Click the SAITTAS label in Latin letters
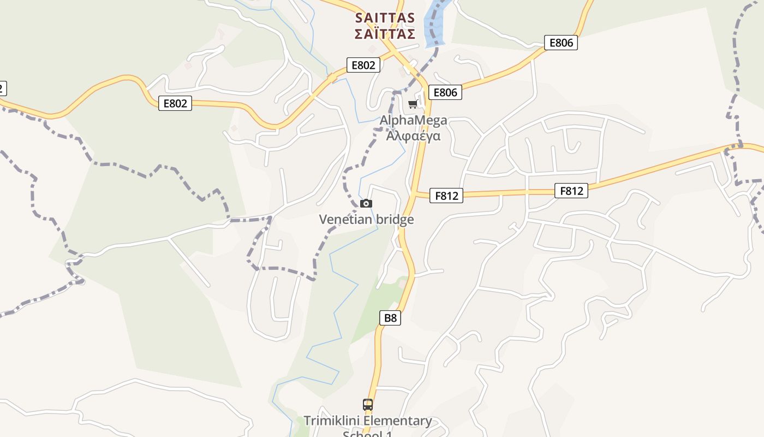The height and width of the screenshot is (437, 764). tap(385, 18)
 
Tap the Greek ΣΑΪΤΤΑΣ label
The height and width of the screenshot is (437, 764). tap(385, 34)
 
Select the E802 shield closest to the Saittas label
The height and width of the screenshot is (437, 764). tap(363, 65)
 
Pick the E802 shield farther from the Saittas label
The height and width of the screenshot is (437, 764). tap(175, 103)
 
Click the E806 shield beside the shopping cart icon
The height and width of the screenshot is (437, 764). tap(445, 92)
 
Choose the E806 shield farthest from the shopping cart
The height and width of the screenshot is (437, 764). tap(560, 43)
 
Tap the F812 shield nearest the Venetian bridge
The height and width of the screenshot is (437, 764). tap(446, 196)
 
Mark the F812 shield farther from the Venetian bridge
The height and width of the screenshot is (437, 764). tap(571, 191)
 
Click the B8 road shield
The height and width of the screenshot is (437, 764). tap(390, 318)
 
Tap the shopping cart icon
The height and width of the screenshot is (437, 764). tap(413, 104)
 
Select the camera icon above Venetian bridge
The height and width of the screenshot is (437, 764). tap(366, 204)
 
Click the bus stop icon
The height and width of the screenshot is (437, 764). tap(368, 405)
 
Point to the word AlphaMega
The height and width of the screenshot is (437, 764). tap(413, 120)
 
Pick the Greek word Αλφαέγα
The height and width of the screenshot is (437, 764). tap(413, 135)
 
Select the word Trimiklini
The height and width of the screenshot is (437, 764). tap(331, 421)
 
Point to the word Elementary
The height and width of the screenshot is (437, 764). tap(398, 421)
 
